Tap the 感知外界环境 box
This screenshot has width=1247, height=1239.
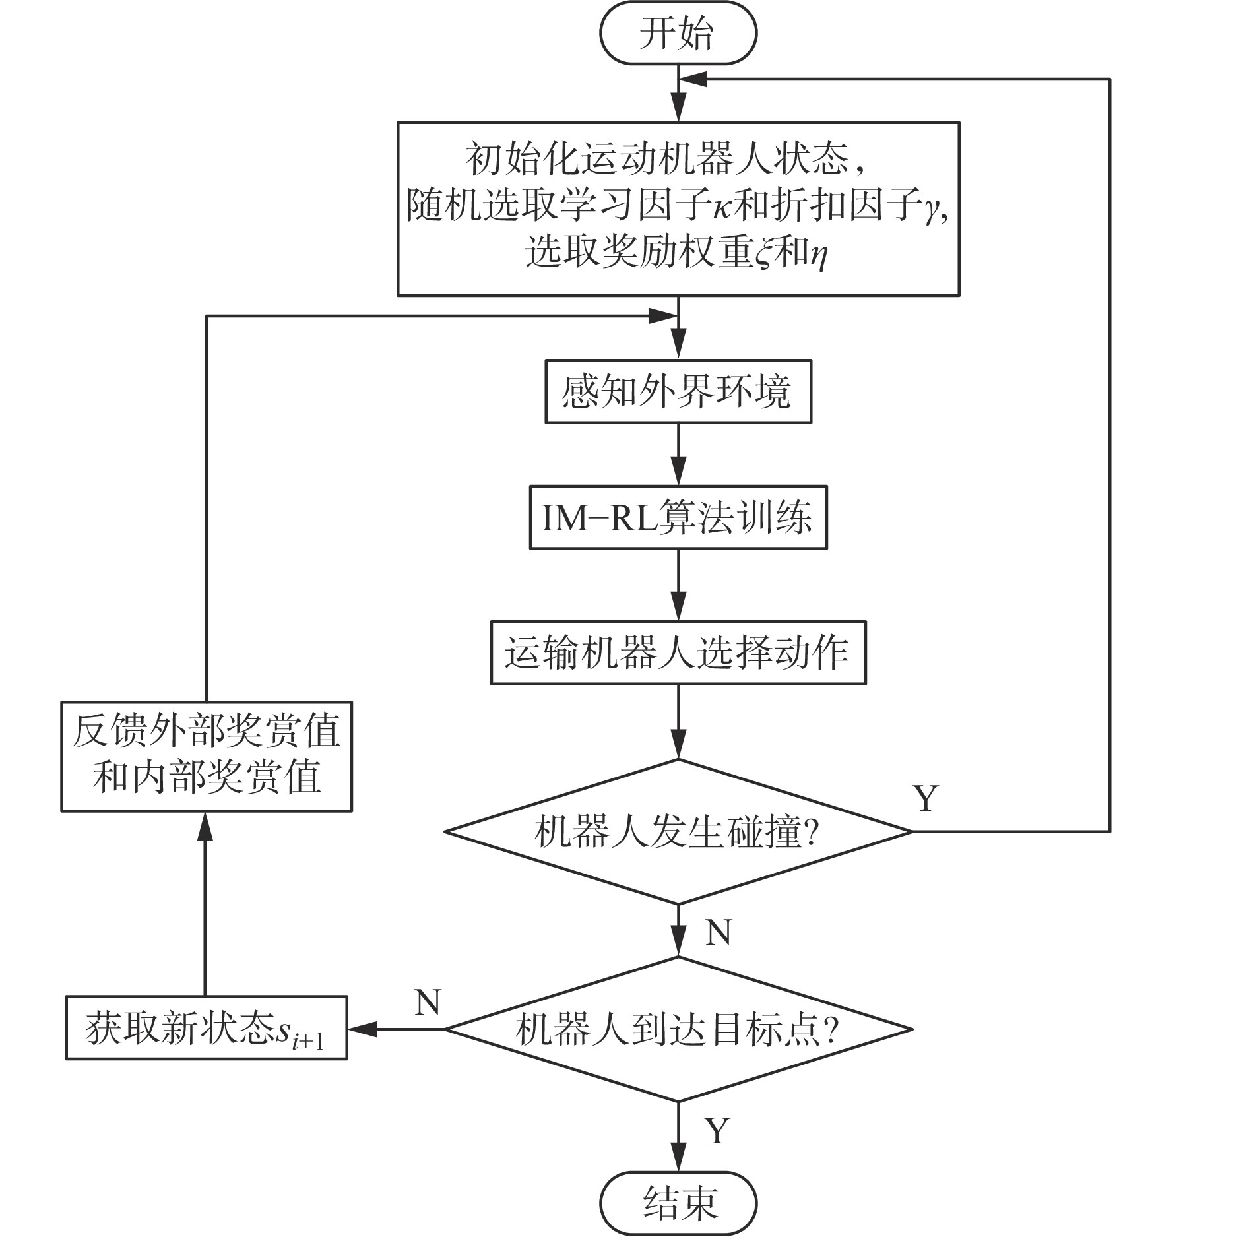678,391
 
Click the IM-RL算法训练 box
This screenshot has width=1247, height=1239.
678,518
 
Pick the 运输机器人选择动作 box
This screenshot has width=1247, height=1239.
678,652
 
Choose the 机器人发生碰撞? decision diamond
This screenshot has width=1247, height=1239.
678,831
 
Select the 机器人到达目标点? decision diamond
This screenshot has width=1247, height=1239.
678,1029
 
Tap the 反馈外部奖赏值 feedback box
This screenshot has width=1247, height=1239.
206,756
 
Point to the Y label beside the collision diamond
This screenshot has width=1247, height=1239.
925,798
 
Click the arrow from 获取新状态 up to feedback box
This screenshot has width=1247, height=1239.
206,904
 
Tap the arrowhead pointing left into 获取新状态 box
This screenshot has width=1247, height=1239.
362,1029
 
